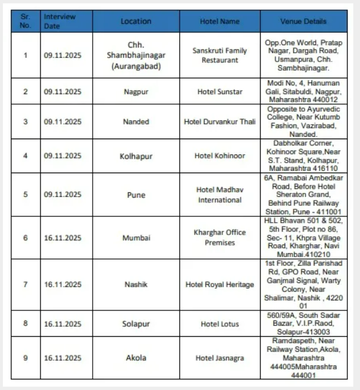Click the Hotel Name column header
[x=220, y=22]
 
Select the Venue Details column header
[x=303, y=22]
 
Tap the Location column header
[x=136, y=22]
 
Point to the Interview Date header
[x=60, y=22]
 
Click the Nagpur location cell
[x=136, y=92]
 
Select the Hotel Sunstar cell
[x=220, y=92]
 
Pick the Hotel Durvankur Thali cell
[x=220, y=122]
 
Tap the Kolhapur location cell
[x=136, y=156]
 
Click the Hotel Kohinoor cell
[x=220, y=156]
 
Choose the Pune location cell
[x=136, y=195]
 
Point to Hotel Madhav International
[x=220, y=195]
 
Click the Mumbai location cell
[x=136, y=238]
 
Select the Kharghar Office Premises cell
[x=220, y=237]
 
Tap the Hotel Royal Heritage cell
[x=220, y=284]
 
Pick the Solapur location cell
[x=136, y=324]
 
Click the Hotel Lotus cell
[x=220, y=324]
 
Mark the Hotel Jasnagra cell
[x=220, y=358]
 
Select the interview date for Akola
[x=63, y=358]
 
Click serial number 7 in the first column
[x=25, y=284]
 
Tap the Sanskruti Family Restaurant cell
[x=220, y=55]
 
